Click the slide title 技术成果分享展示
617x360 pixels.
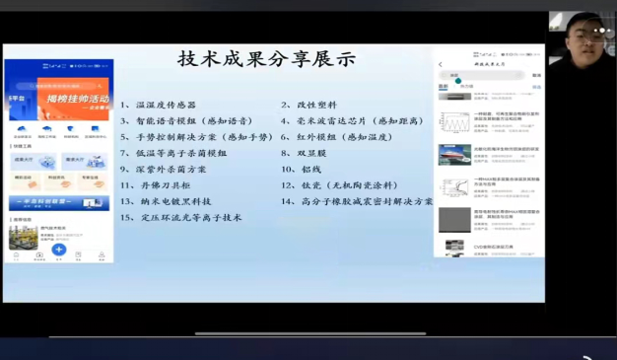[x=266, y=59]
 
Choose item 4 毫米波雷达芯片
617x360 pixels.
[x=351, y=121]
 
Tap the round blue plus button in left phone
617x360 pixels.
[x=59, y=251]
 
